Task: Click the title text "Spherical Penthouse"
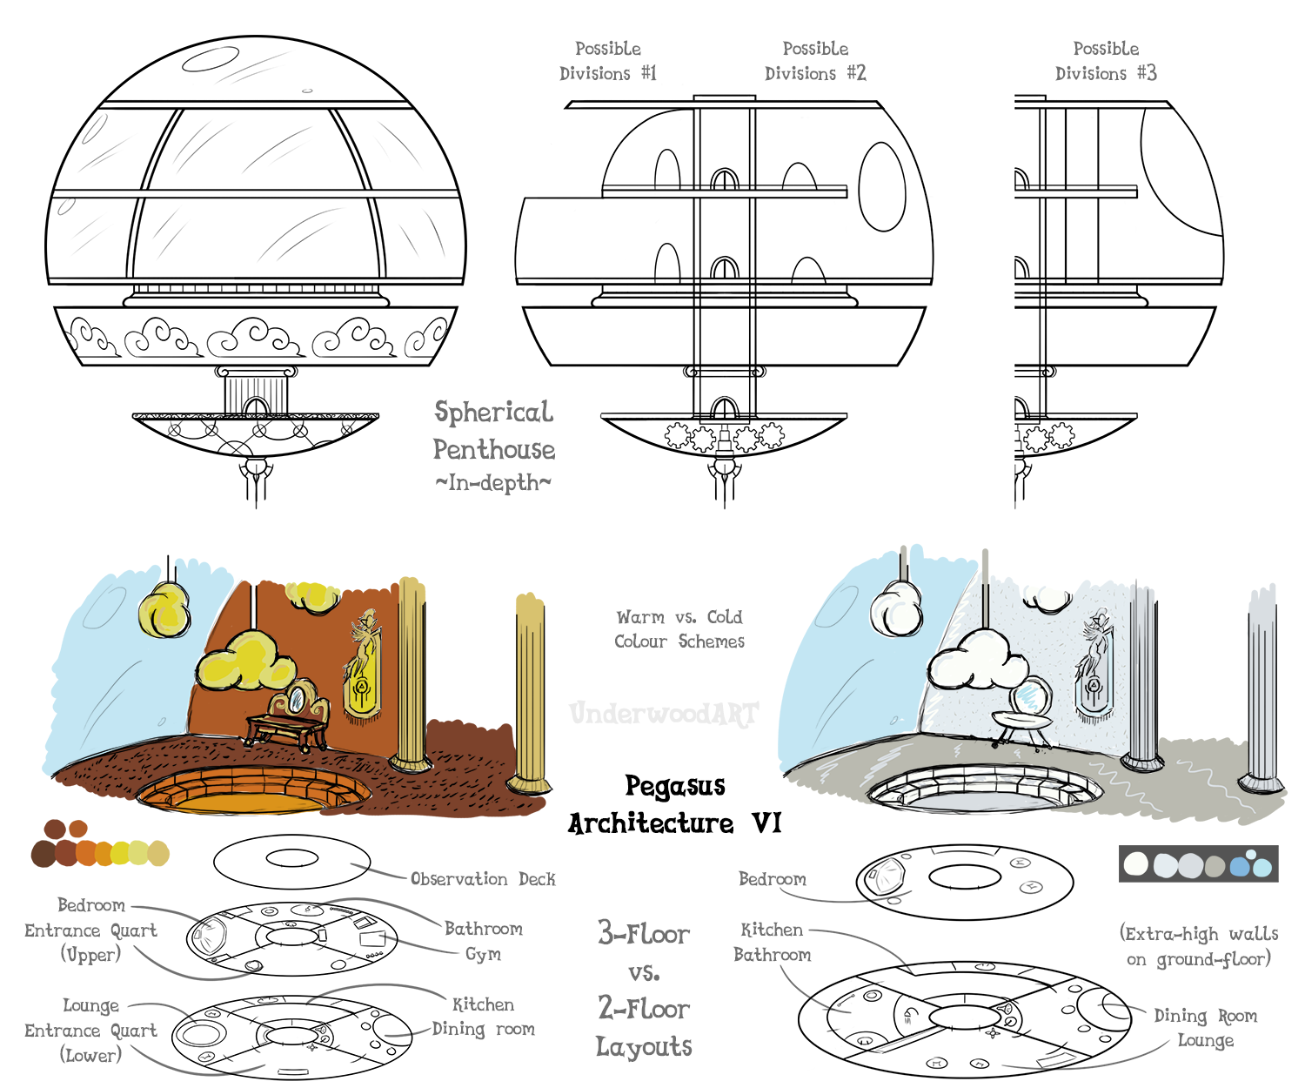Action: (493, 431)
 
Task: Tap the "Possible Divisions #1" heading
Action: (608, 61)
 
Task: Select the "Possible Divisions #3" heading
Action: (1106, 61)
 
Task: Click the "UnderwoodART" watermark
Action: (664, 714)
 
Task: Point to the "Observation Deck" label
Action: (483, 879)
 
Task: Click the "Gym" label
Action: (483, 954)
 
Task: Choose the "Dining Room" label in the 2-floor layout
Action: (1205, 1016)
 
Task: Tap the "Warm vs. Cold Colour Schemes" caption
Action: (679, 629)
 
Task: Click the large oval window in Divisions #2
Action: (882, 187)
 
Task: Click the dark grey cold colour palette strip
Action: (1198, 863)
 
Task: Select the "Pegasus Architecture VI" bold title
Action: (675, 805)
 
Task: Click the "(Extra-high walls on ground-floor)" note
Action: (1199, 946)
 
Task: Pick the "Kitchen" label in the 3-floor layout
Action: (483, 1004)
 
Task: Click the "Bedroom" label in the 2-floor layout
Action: (773, 879)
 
